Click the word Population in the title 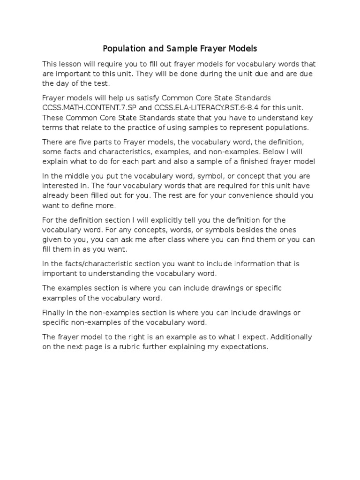(122, 48)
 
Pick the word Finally (54, 313)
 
